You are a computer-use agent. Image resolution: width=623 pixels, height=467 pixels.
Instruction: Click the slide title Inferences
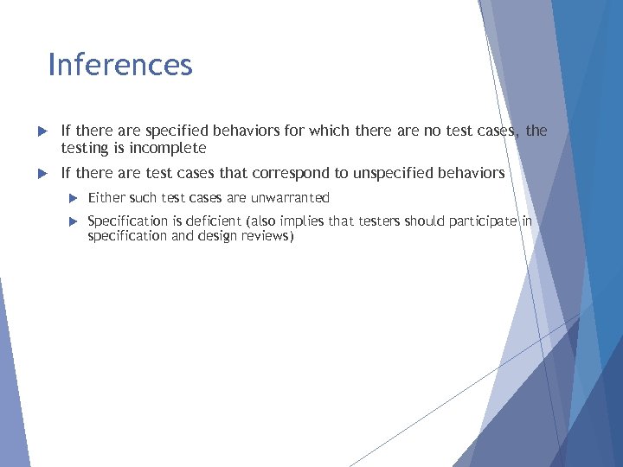coord(120,65)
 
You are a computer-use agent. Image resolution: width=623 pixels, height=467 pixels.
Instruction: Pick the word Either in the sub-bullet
coord(106,198)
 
